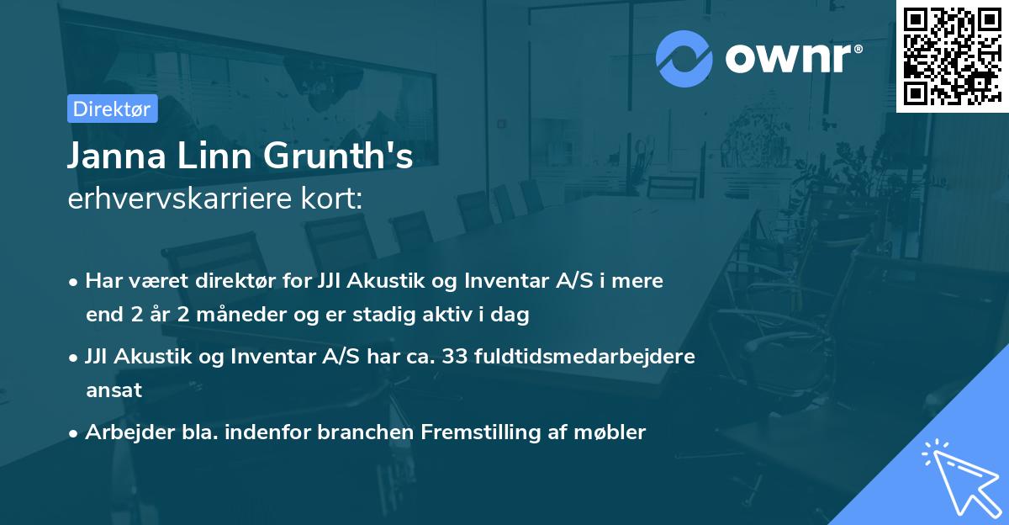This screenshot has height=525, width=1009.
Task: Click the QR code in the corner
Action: coord(951,56)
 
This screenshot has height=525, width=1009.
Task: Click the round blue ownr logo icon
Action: coord(684,57)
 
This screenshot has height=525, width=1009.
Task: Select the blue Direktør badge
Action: coord(113,109)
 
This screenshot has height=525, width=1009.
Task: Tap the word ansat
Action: coord(114,390)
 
